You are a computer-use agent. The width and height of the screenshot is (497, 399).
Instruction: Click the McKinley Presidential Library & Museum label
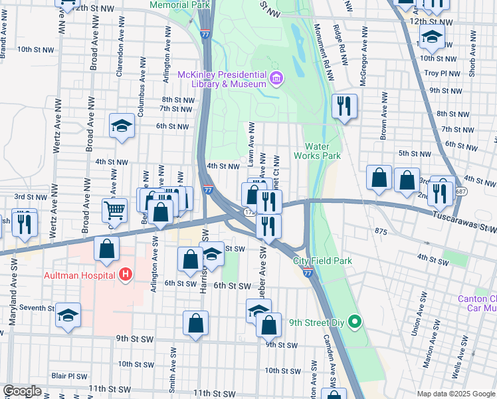point(221,78)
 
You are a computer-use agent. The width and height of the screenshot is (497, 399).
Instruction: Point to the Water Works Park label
point(322,151)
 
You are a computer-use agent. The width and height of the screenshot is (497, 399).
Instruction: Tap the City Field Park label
point(322,260)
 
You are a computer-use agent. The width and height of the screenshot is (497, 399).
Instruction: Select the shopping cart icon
point(114,211)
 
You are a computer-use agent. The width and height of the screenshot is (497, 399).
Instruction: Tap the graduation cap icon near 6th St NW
point(122,126)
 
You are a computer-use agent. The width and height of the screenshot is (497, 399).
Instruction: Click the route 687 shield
point(461,192)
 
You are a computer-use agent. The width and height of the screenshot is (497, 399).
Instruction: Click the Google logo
point(23,392)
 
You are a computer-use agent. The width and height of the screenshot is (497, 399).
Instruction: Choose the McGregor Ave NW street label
point(363,50)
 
